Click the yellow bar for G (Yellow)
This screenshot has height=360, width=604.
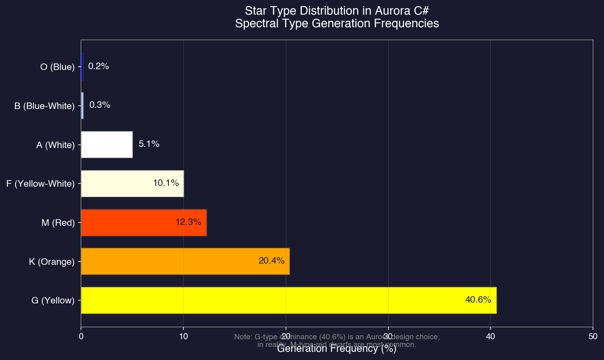pyautogui.click(x=285, y=300)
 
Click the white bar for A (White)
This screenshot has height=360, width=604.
pyautogui.click(x=107, y=144)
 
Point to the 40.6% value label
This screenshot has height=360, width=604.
pyautogui.click(x=478, y=300)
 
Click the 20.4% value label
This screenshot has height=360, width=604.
pyautogui.click(x=271, y=261)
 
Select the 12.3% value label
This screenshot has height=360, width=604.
pyautogui.click(x=188, y=223)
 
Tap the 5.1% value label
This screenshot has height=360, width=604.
pyautogui.click(x=149, y=144)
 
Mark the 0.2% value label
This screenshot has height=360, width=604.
pyautogui.click(x=98, y=66)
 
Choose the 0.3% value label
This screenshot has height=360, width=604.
pyautogui.click(x=100, y=105)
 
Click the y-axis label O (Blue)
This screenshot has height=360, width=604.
pyautogui.click(x=57, y=67)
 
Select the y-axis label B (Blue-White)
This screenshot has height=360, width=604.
pyautogui.click(x=44, y=106)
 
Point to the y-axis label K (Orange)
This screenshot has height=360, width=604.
pyautogui.click(x=52, y=262)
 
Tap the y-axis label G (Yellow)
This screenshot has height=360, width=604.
pyautogui.click(x=53, y=301)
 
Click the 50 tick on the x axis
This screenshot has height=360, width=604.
pyautogui.click(x=593, y=336)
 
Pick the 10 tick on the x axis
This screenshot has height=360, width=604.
pyautogui.click(x=183, y=336)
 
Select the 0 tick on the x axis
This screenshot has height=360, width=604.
pyautogui.click(x=81, y=336)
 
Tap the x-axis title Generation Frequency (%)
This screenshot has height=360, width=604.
pyautogui.click(x=336, y=349)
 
